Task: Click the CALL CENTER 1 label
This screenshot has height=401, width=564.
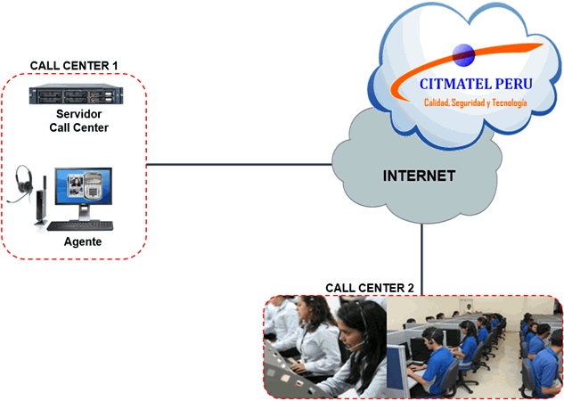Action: (74, 66)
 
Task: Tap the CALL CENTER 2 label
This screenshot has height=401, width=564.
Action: (369, 288)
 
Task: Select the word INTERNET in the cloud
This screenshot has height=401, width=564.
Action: (420, 176)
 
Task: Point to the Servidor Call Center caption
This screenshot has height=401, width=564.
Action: (78, 121)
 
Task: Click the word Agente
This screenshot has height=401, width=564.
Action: (83, 242)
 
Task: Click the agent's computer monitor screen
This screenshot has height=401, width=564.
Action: (82, 186)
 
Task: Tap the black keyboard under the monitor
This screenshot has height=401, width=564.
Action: (82, 225)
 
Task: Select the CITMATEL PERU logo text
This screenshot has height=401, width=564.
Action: (475, 84)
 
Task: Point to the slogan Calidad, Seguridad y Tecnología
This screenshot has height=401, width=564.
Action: (475, 103)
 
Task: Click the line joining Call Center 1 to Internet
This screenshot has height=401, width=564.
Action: (239, 164)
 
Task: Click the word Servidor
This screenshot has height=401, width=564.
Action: (78, 115)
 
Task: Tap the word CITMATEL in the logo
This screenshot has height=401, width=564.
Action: (454, 84)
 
